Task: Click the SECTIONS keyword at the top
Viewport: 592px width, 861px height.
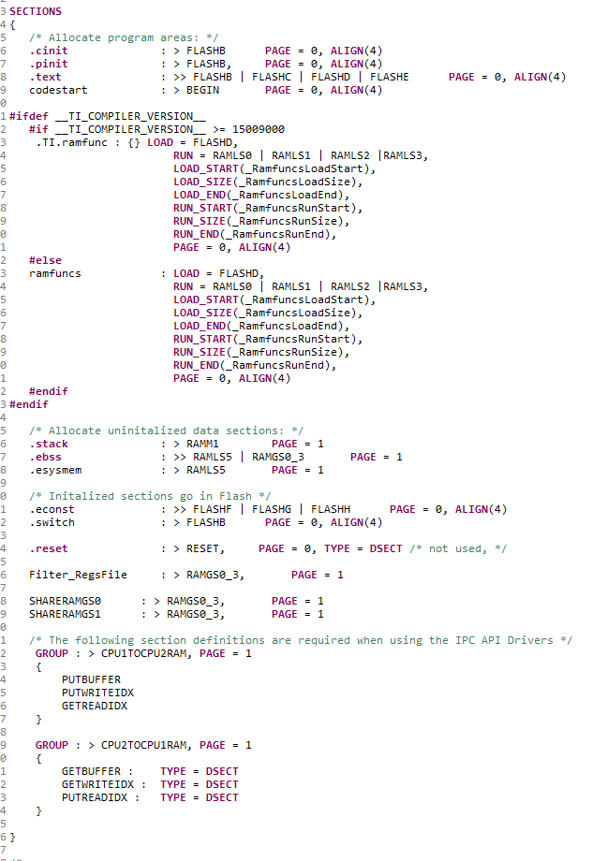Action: pos(36,11)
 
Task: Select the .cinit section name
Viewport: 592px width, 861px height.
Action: pos(49,51)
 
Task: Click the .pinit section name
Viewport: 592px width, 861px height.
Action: pos(49,65)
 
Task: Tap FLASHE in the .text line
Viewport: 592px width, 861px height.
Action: pos(389,77)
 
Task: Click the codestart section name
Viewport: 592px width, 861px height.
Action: pos(58,90)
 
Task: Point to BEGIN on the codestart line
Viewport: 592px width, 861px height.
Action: pos(203,90)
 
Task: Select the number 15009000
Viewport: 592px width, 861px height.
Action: pos(259,129)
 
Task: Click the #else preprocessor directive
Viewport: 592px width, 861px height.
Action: pos(46,260)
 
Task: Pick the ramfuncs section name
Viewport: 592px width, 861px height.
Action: pos(55,273)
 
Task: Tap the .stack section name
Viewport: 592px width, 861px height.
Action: pos(49,444)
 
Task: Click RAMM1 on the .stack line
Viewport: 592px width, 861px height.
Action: pos(203,444)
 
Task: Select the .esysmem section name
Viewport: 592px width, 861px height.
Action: pos(55,470)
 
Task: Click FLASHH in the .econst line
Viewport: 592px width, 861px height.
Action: pos(331,509)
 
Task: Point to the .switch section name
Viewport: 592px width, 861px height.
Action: pos(52,523)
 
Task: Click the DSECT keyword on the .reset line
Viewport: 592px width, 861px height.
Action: pos(386,548)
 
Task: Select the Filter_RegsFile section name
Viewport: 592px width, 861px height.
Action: pos(78,575)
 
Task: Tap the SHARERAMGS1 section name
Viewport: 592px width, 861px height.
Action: pos(65,615)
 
